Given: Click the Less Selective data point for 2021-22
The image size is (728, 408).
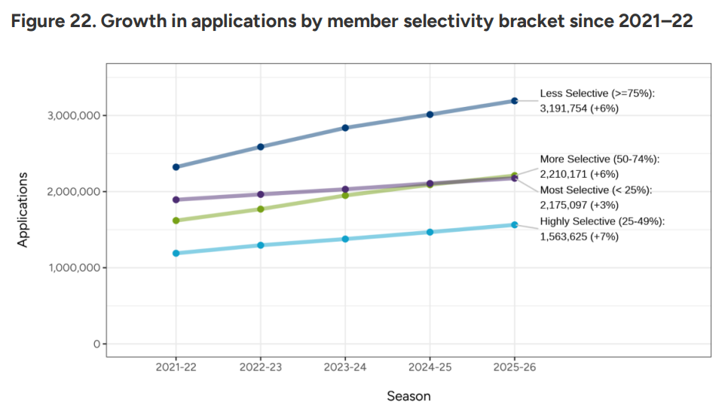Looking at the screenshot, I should [x=176, y=167].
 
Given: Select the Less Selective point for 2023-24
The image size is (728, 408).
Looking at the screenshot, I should [x=345, y=128].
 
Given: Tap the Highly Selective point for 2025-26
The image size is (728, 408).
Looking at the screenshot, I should [x=515, y=224].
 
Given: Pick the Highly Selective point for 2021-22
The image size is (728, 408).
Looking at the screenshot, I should [x=176, y=254].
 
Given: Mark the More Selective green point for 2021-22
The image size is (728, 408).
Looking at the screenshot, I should [x=176, y=221].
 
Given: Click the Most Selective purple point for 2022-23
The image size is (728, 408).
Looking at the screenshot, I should [x=261, y=194].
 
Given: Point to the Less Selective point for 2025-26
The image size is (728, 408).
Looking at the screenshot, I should [x=515, y=100].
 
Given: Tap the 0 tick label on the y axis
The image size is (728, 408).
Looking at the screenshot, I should [x=96, y=344].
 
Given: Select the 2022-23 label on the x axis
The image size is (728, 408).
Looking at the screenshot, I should [x=261, y=367].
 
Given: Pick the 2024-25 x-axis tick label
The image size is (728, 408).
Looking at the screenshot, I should [x=430, y=367].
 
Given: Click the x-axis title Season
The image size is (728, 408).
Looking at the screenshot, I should [x=408, y=396].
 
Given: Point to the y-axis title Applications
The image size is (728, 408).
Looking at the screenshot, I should [x=23, y=210].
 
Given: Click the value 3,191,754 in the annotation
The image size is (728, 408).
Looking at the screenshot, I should [x=564, y=108].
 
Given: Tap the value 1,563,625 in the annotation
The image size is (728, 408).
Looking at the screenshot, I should [x=564, y=236].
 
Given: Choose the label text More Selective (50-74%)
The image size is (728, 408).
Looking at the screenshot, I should [x=599, y=160].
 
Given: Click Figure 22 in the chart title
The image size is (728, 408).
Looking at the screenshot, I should [x=50, y=22].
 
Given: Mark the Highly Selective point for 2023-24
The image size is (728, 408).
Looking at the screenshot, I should [x=345, y=239].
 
